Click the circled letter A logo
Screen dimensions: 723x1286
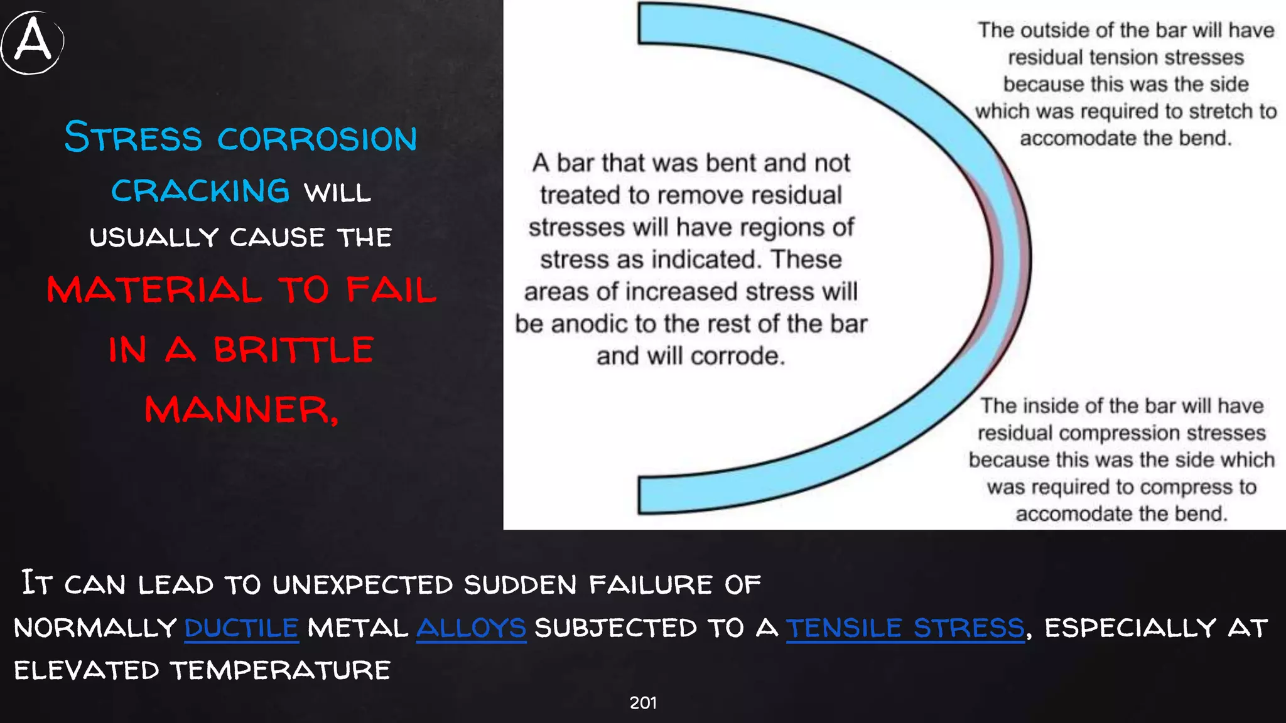click(33, 41)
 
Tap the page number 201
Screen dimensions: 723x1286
click(643, 703)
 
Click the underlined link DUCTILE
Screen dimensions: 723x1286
click(241, 628)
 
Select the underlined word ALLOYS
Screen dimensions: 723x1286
click(471, 628)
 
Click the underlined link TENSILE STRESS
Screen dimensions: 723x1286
click(905, 628)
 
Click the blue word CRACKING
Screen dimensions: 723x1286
click(200, 191)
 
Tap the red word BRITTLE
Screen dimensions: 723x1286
click(293, 350)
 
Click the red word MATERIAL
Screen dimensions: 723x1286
click(154, 290)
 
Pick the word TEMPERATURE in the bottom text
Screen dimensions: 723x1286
click(281, 670)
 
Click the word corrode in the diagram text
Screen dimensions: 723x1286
click(737, 356)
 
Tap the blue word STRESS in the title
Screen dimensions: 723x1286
click(133, 138)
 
